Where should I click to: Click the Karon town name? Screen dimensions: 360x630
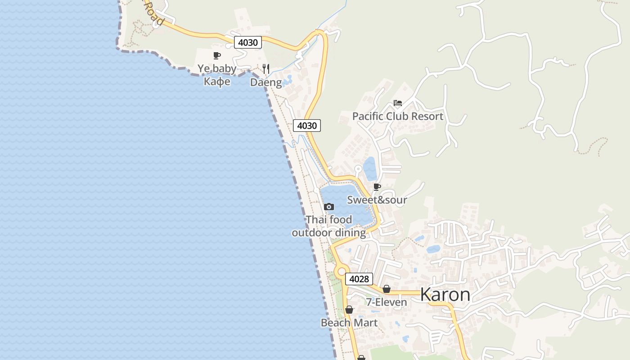coord(445,295)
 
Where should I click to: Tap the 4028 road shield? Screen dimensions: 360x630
coord(359,279)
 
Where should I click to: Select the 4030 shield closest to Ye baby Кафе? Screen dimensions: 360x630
coord(247,42)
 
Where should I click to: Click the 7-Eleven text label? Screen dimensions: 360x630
coord(386,302)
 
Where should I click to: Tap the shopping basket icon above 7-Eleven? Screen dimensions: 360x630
coord(386,289)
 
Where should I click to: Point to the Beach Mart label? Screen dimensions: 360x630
coord(349,323)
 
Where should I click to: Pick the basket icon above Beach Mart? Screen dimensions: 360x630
coord(349,310)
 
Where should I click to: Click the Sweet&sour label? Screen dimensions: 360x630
coord(377,200)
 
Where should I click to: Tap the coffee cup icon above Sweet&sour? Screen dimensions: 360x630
coord(377,187)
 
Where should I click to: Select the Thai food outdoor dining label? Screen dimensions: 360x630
coord(329,226)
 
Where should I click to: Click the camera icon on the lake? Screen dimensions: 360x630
coord(329,207)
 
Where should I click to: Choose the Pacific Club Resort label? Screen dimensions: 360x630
coord(397,116)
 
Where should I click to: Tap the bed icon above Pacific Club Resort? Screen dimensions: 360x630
coord(397,103)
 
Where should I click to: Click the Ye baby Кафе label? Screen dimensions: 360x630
coord(217,75)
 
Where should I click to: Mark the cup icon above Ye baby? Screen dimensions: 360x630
coord(217,56)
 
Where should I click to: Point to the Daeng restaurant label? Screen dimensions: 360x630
coord(266,82)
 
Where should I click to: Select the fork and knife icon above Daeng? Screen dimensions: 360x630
coord(266,69)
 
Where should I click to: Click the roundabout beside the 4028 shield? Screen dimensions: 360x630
coord(341,271)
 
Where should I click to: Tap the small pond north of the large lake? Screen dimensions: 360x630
coord(370,169)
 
